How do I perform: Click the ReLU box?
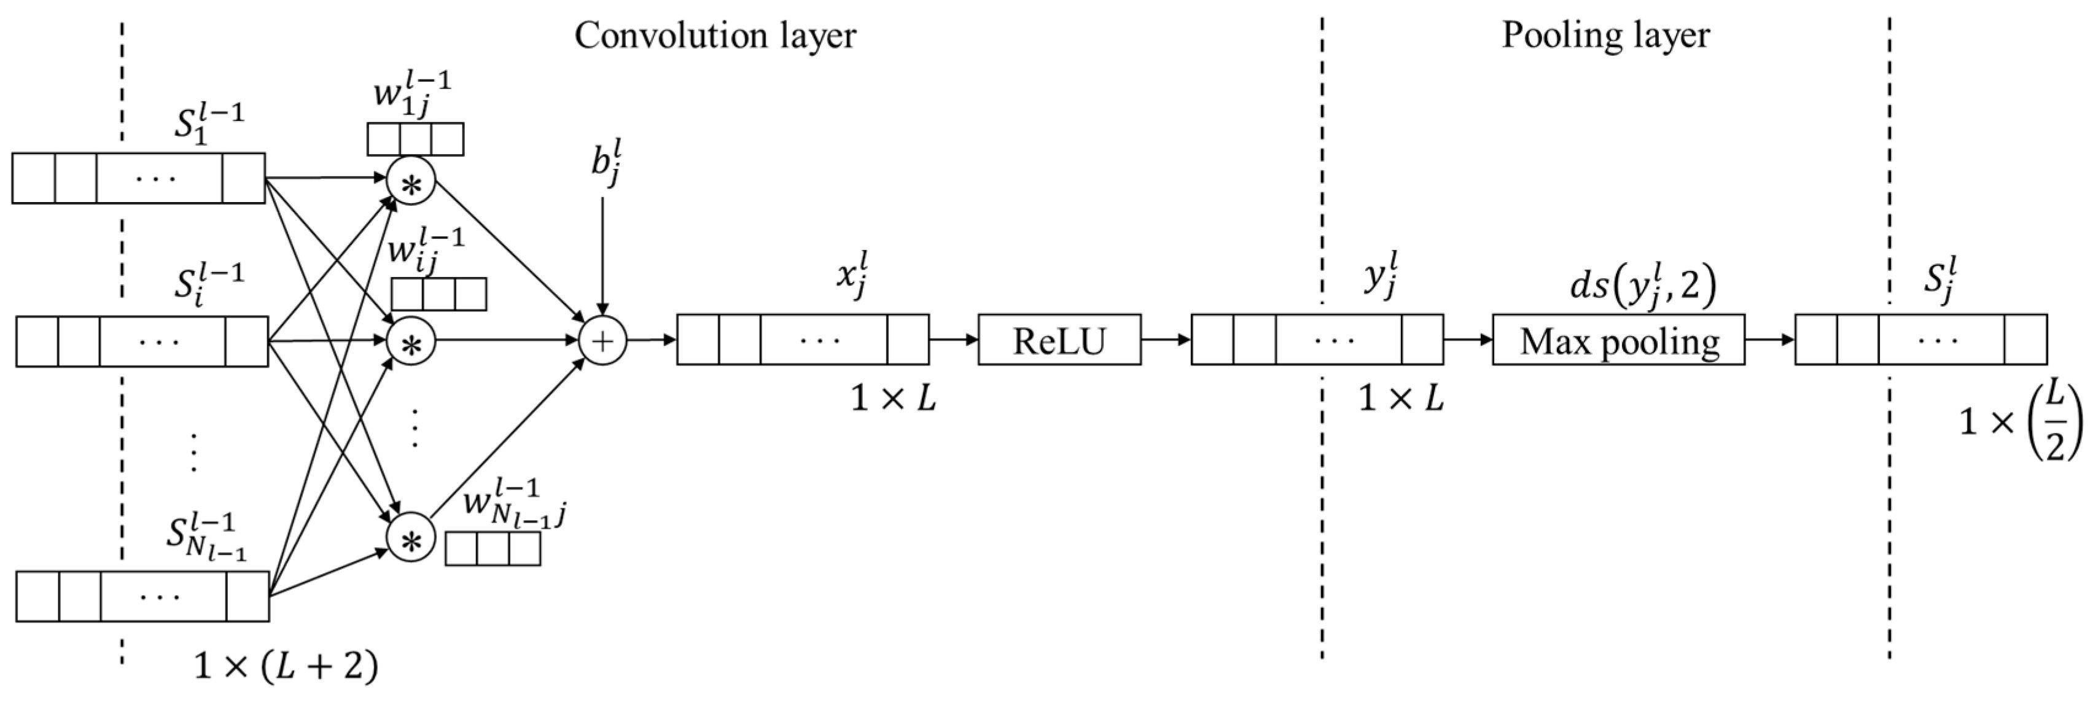click(1059, 340)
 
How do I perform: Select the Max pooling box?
click(1618, 340)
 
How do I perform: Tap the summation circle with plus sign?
click(602, 340)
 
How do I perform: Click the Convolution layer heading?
click(714, 36)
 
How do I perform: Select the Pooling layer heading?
click(1605, 36)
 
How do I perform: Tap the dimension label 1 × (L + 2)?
click(286, 667)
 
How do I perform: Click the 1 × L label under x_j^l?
click(892, 398)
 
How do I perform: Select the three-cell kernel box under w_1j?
click(415, 139)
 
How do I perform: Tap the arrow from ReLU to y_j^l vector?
click(1166, 340)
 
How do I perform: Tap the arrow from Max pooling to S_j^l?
click(1769, 340)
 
